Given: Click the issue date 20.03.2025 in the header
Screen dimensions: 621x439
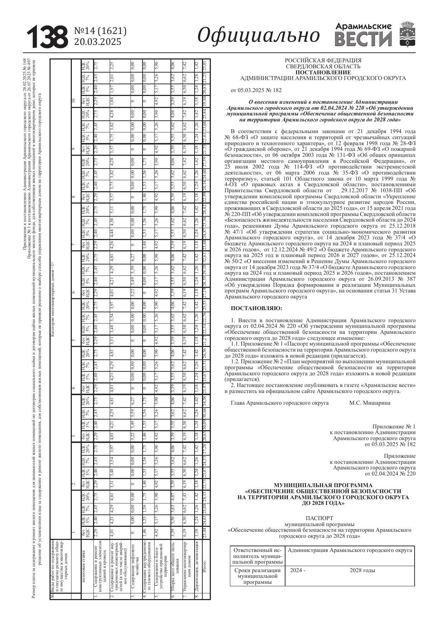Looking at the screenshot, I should [97, 42].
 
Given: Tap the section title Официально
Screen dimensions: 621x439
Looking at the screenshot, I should [259, 35].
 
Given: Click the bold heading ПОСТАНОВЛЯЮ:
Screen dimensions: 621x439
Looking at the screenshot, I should [256, 308].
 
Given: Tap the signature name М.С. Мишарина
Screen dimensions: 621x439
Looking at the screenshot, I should [370, 403].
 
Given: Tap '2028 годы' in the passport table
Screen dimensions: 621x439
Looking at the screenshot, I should [362, 570].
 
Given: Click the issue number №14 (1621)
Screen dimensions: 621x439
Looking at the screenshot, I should [100, 31].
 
